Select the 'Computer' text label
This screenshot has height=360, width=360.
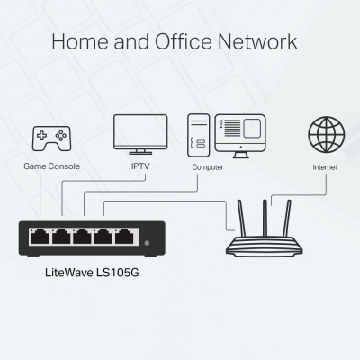pyautogui.click(x=208, y=167)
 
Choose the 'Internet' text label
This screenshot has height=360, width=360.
pyautogui.click(x=325, y=167)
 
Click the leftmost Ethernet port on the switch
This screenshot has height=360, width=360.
pyautogui.click(x=40, y=238)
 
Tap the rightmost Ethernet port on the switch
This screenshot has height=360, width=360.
pyautogui.click(x=125, y=238)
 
